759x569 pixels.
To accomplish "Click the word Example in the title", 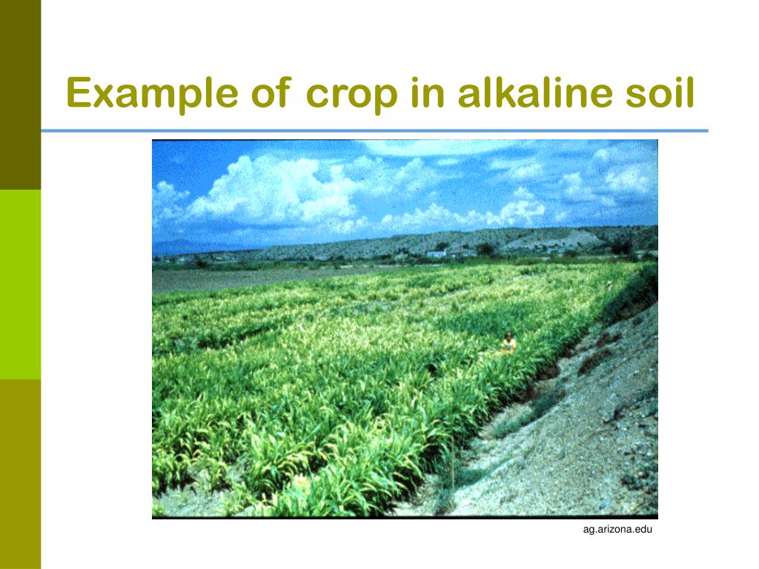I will tap(153, 94).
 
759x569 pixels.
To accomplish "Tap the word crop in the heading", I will tap(351, 94).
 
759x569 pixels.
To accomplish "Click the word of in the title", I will tap(272, 94).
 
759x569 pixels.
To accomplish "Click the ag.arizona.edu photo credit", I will tap(617, 529).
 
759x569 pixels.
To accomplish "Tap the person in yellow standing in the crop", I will tap(508, 343).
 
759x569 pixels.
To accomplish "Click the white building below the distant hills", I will tap(436, 253).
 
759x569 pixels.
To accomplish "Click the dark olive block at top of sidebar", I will tap(20, 95).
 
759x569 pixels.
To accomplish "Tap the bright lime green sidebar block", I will tap(20, 284).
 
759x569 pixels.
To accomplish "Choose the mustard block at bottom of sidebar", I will tap(20, 474).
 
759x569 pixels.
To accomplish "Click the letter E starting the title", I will tap(77, 94).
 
